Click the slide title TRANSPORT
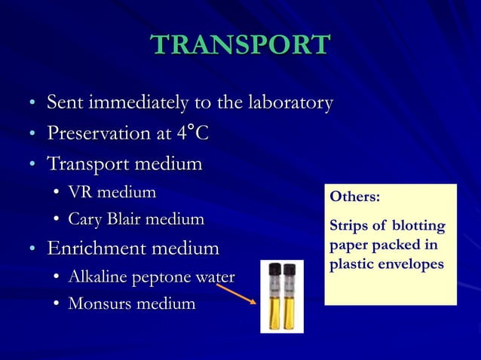point(240,44)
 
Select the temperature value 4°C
point(191,133)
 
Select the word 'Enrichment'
point(100,248)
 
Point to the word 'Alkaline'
point(95,276)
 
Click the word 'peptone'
point(156,277)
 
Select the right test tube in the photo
point(290,296)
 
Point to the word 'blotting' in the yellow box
point(418,227)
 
